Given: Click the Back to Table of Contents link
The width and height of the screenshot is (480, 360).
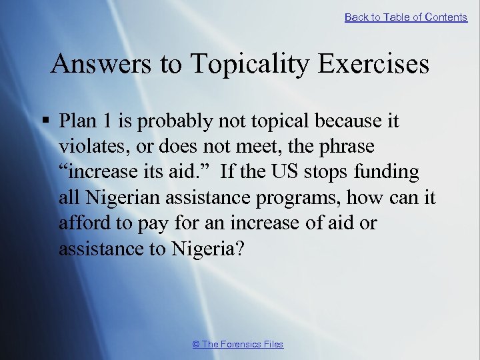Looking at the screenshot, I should point(405,17).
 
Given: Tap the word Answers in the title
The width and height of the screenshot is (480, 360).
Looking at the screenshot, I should point(97,65).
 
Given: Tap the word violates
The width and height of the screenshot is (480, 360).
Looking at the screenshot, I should point(86,147).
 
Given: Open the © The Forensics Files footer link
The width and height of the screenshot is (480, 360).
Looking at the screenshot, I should point(237,344).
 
